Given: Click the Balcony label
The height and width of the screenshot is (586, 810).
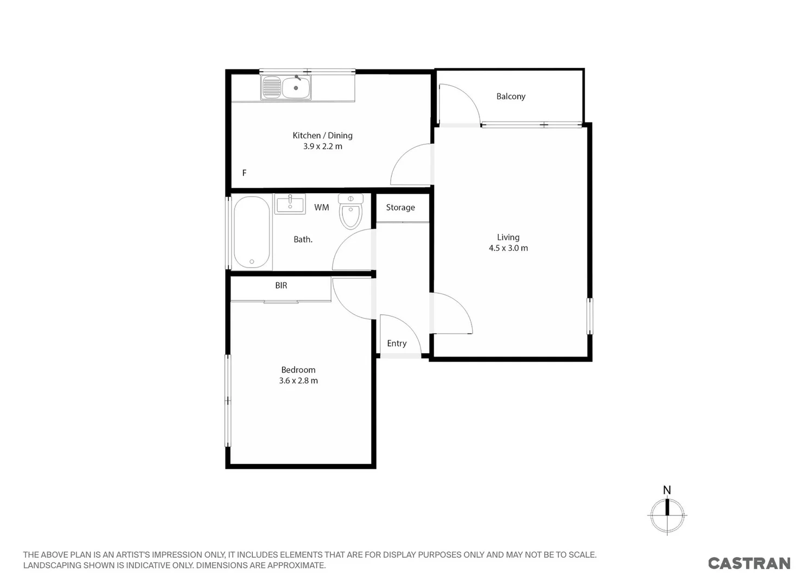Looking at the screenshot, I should coord(511,97).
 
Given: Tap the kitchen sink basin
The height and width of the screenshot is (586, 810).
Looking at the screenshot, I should coord(296,88).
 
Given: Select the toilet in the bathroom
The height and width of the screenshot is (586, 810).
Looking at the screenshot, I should coord(350,212).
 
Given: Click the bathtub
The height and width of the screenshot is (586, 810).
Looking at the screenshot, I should coord(252,233).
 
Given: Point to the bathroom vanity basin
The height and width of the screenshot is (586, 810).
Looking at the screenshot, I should coord(290,204).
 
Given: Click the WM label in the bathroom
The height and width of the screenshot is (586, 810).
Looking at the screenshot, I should coord(321,207).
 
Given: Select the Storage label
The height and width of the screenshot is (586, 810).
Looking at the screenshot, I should coord(400,207).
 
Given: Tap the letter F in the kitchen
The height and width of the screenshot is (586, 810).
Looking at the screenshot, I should coord(244,173).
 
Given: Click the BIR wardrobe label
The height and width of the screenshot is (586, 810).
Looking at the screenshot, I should coord(281,285).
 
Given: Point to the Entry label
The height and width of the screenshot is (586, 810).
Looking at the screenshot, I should coord(397,343).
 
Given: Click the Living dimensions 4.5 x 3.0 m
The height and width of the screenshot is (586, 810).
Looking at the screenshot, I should coord(508,248).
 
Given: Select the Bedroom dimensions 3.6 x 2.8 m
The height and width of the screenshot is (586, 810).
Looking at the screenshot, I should coord(298,380).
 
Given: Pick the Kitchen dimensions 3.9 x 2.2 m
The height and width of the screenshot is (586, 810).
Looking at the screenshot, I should coord(322,146).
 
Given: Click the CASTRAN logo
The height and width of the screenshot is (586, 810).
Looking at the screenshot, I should coord(749,563).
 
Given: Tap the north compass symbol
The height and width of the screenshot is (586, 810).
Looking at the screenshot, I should coord(667,514).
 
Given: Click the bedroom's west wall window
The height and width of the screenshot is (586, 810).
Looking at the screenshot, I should coord(228,401).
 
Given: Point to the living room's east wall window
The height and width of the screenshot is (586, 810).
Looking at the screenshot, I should coord(590,316).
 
